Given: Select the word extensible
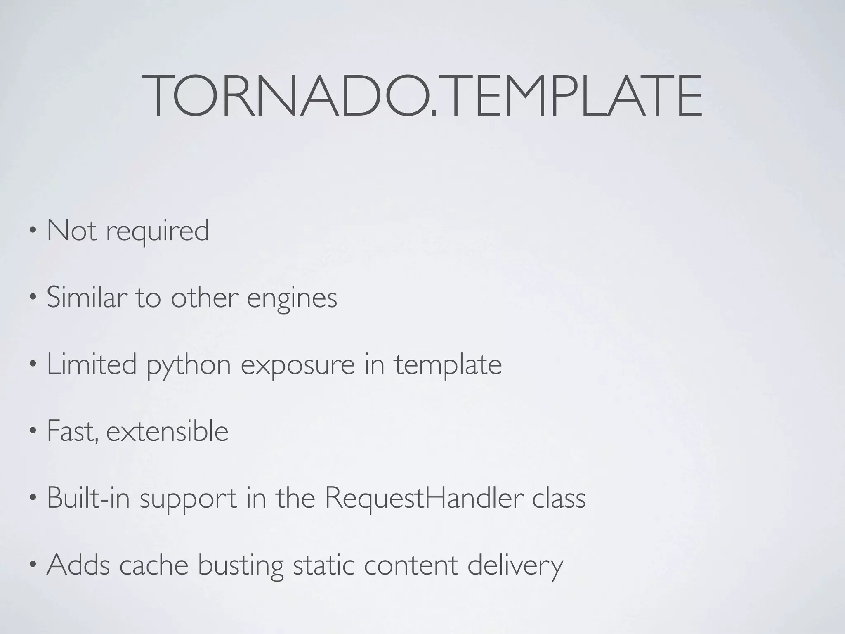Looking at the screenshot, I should (167, 431).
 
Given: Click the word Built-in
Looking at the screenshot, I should (88, 498).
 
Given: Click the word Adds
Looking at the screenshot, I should (78, 565).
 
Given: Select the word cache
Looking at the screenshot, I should (154, 565).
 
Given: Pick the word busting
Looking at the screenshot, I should (241, 565).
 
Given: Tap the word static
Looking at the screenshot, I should (323, 565).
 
